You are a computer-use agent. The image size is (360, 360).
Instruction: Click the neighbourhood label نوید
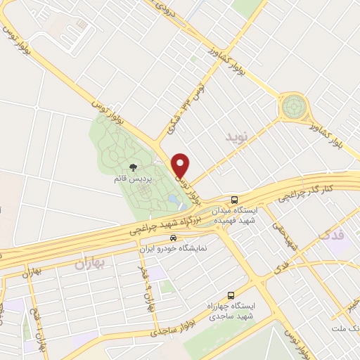point(237,137)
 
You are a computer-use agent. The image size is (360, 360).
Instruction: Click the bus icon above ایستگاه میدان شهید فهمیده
point(235,199)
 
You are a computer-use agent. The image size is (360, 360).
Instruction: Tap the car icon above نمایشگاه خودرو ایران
point(164,238)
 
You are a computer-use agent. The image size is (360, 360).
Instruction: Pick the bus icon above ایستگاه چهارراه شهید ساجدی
point(230,296)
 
